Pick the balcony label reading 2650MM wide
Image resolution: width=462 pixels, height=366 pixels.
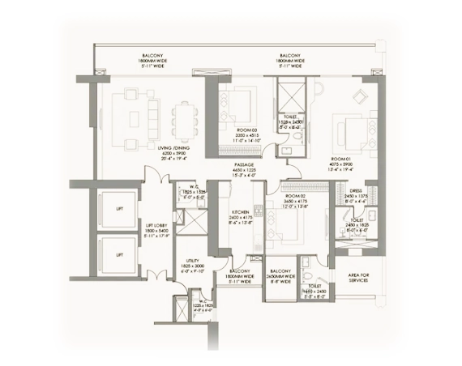tap(281, 272)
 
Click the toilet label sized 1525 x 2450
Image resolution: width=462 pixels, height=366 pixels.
tap(291, 117)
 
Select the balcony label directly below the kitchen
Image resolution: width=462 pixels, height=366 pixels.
tap(239, 272)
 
